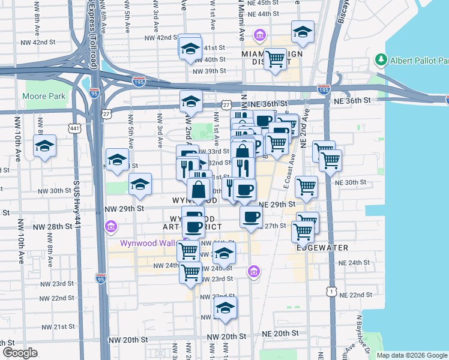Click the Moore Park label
tap(43, 96)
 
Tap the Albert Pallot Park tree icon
tap(380, 60)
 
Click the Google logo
tap(19, 353)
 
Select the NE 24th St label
tap(354, 263)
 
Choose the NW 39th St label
tap(209, 71)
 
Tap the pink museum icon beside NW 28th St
tap(110, 227)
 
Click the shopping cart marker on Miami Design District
tap(275, 59)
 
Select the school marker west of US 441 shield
tap(44, 146)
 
